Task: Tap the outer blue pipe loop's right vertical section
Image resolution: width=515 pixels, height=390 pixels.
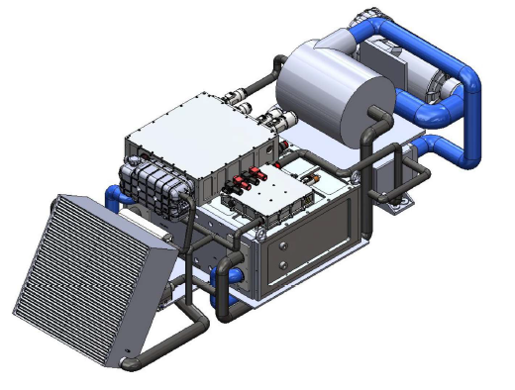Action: pos(474,99)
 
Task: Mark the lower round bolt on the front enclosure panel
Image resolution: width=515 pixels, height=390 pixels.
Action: pos(284,265)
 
